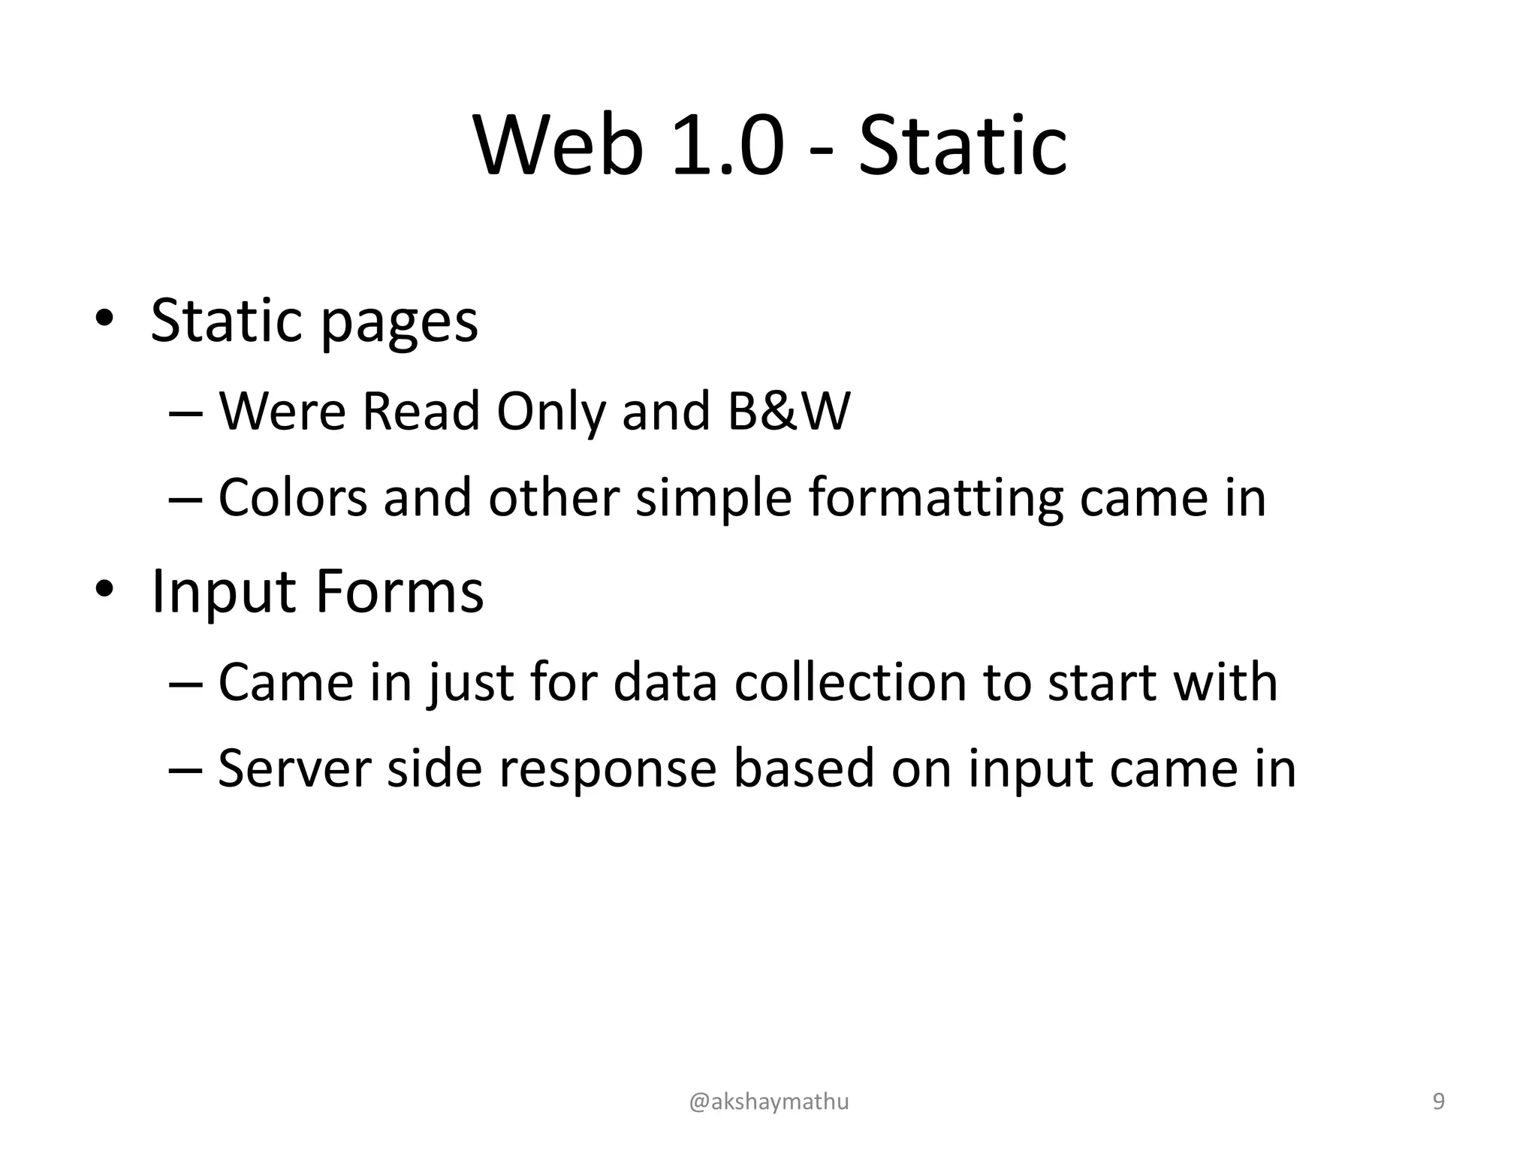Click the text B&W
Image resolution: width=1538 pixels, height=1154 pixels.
tap(789, 411)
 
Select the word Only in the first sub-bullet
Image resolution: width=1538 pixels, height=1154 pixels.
tap(550, 412)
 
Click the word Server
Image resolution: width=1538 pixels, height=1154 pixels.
tap(294, 769)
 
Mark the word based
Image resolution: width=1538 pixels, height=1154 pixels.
tap(804, 769)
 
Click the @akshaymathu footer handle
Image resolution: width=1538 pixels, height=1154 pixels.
tap(769, 1101)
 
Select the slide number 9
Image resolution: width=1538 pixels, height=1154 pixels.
tap(1439, 1101)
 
